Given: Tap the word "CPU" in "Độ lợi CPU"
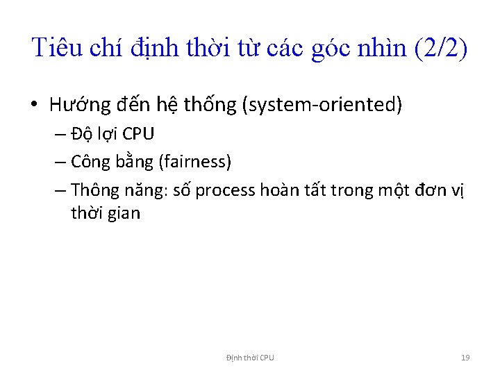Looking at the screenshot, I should (x=138, y=134).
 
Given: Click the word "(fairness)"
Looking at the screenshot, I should (x=195, y=162).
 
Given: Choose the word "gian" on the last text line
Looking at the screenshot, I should (x=124, y=213).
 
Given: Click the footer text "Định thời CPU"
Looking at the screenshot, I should (x=250, y=358).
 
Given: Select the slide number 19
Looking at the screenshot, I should (x=465, y=358).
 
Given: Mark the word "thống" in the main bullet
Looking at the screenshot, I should (x=210, y=106).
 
